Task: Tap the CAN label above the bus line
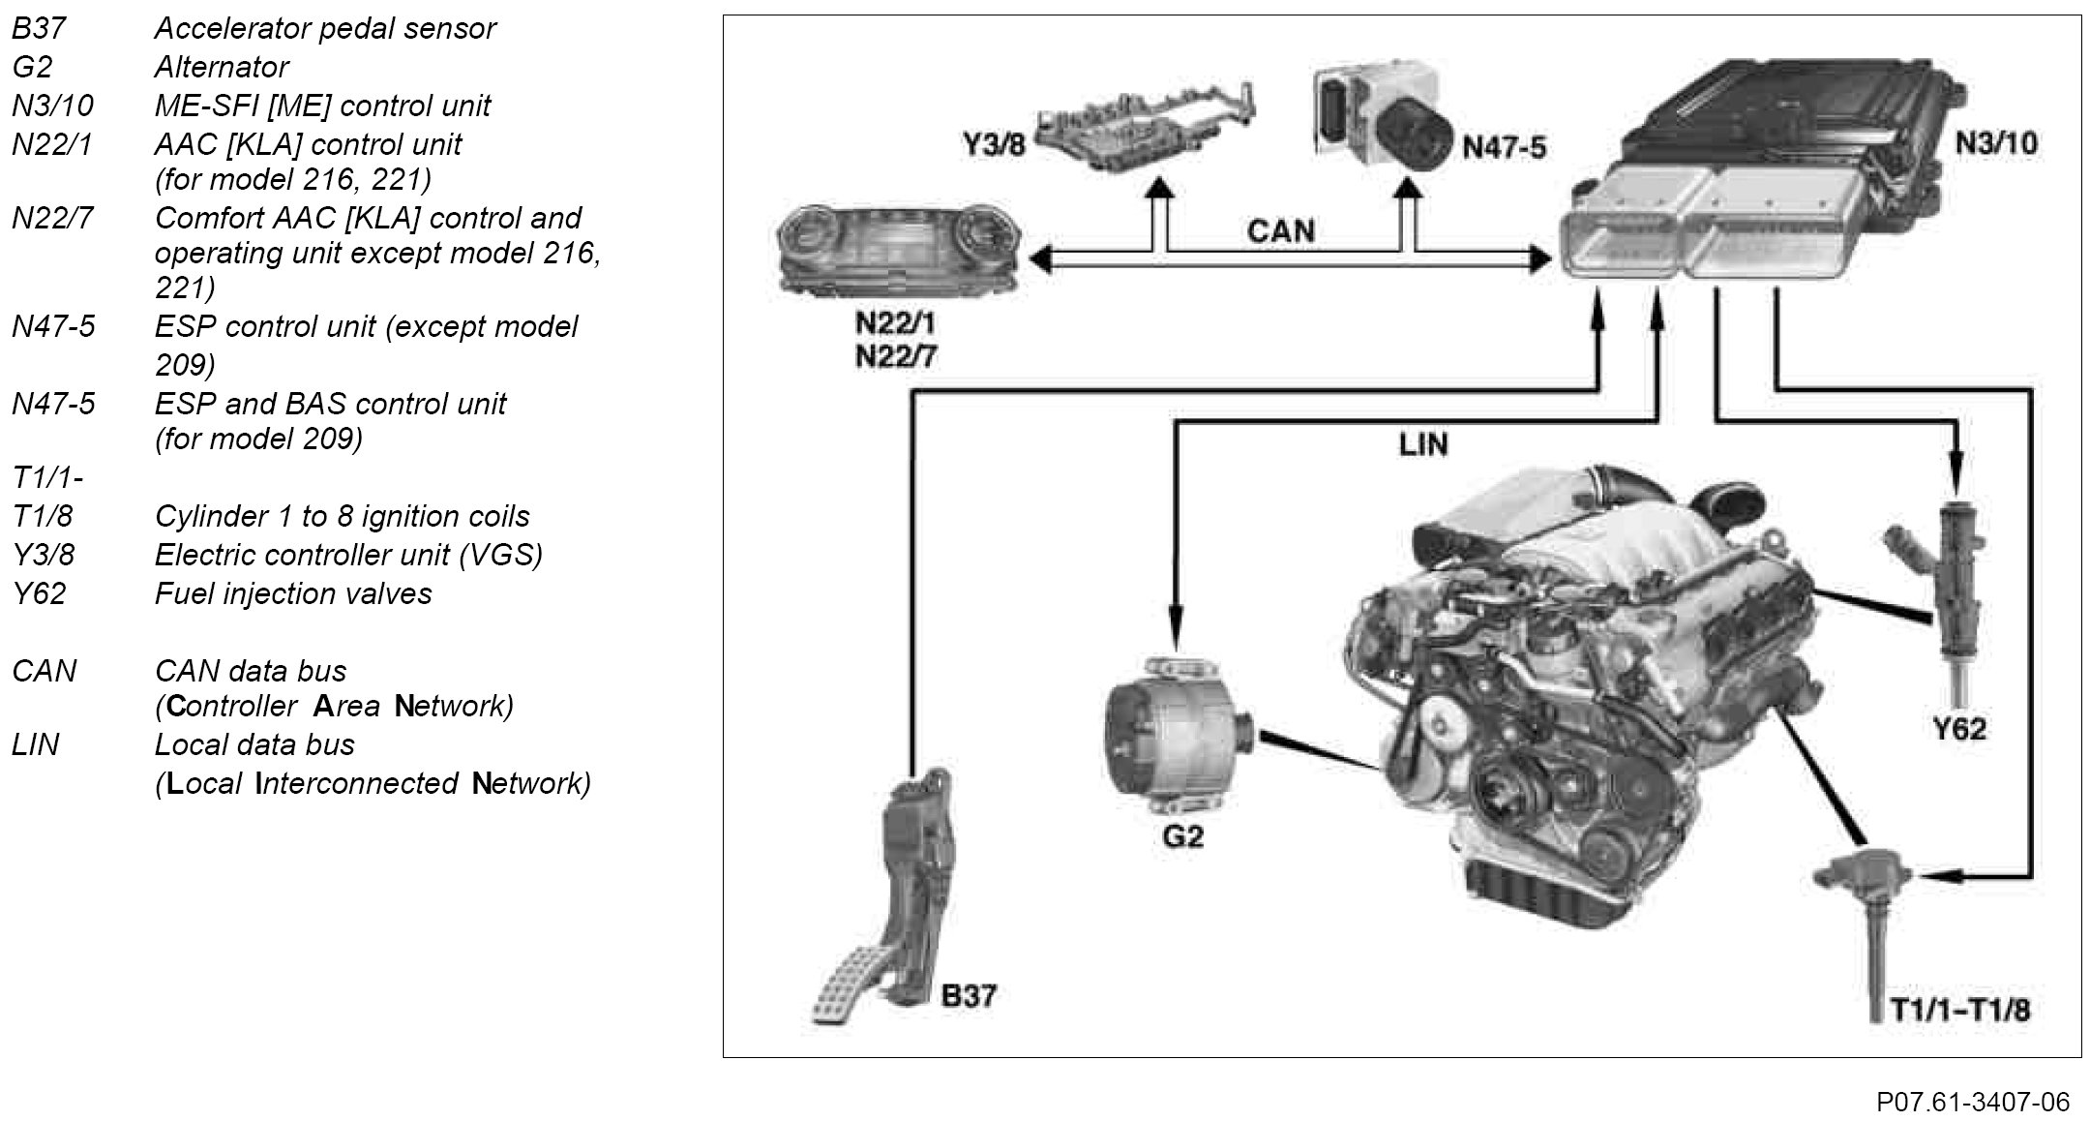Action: [x=1280, y=230]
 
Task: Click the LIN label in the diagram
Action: [x=1422, y=444]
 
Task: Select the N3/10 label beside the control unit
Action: [x=1995, y=143]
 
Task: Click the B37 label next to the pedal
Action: [x=969, y=995]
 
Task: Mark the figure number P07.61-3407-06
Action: [x=1972, y=1102]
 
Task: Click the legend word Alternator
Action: [x=221, y=67]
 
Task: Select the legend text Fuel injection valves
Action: [x=293, y=593]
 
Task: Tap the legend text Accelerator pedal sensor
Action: [x=325, y=28]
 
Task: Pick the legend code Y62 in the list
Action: [x=39, y=593]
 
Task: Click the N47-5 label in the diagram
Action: [x=1504, y=147]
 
